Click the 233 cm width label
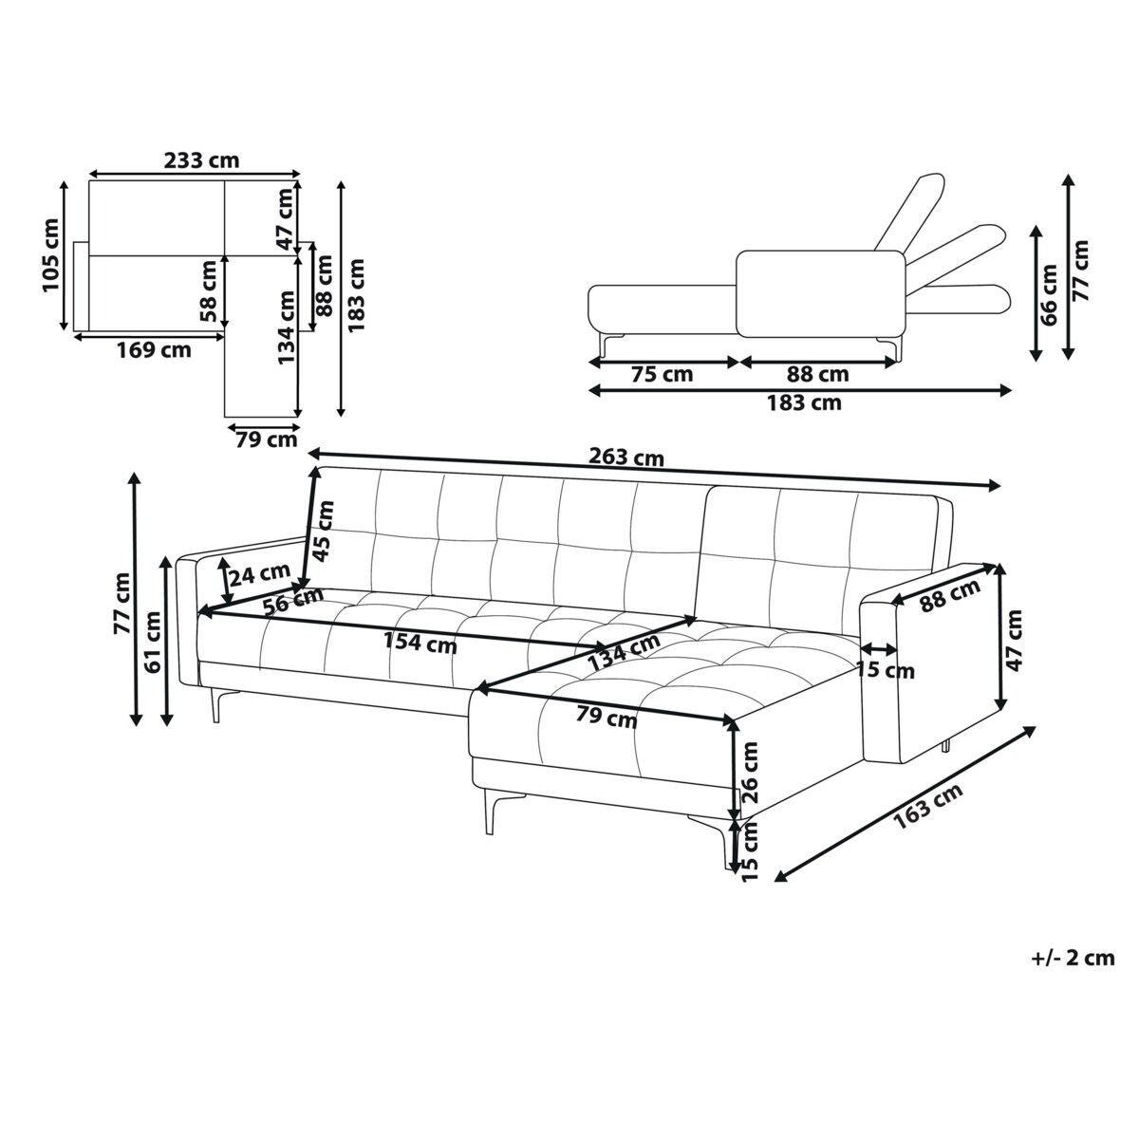(201, 160)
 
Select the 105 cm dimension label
(51, 255)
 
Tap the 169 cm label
(154, 350)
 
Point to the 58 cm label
(208, 292)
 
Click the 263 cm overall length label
(626, 457)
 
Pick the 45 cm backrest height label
(324, 531)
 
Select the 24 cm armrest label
(259, 574)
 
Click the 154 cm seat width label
(420, 644)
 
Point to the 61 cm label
(153, 642)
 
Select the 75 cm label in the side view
(662, 374)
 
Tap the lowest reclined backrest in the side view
(959, 300)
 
